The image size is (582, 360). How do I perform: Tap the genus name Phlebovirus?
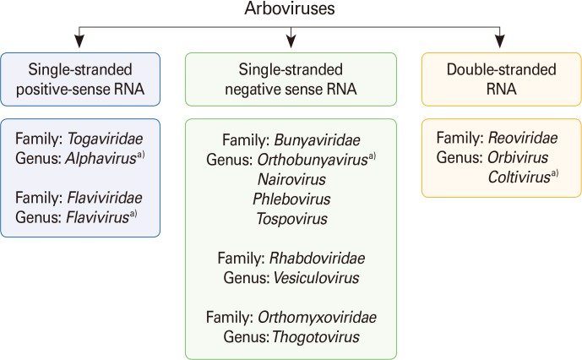pyautogui.click(x=291, y=199)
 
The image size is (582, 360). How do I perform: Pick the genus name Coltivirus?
pyautogui.click(x=519, y=176)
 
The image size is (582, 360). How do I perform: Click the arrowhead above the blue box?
pyautogui.click(x=79, y=39)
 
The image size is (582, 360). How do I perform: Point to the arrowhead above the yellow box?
pyautogui.click(x=501, y=39)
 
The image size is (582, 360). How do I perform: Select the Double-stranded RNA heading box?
pyautogui.click(x=501, y=79)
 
